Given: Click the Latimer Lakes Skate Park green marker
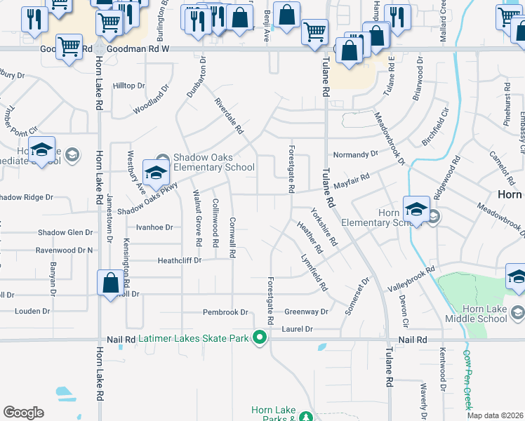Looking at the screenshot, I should (x=260, y=339).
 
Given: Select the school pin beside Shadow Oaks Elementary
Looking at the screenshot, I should (x=156, y=172).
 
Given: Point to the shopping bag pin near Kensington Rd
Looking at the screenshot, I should (x=110, y=283).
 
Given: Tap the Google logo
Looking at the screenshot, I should (x=23, y=412).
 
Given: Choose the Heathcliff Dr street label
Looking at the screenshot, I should (x=179, y=260).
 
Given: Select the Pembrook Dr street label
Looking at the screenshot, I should (x=225, y=312).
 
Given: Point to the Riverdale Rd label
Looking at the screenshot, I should (x=228, y=115).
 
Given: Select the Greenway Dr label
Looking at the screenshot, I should (x=306, y=312).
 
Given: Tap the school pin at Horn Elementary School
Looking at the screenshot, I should (x=416, y=210).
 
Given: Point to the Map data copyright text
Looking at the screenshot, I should (x=496, y=415).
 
